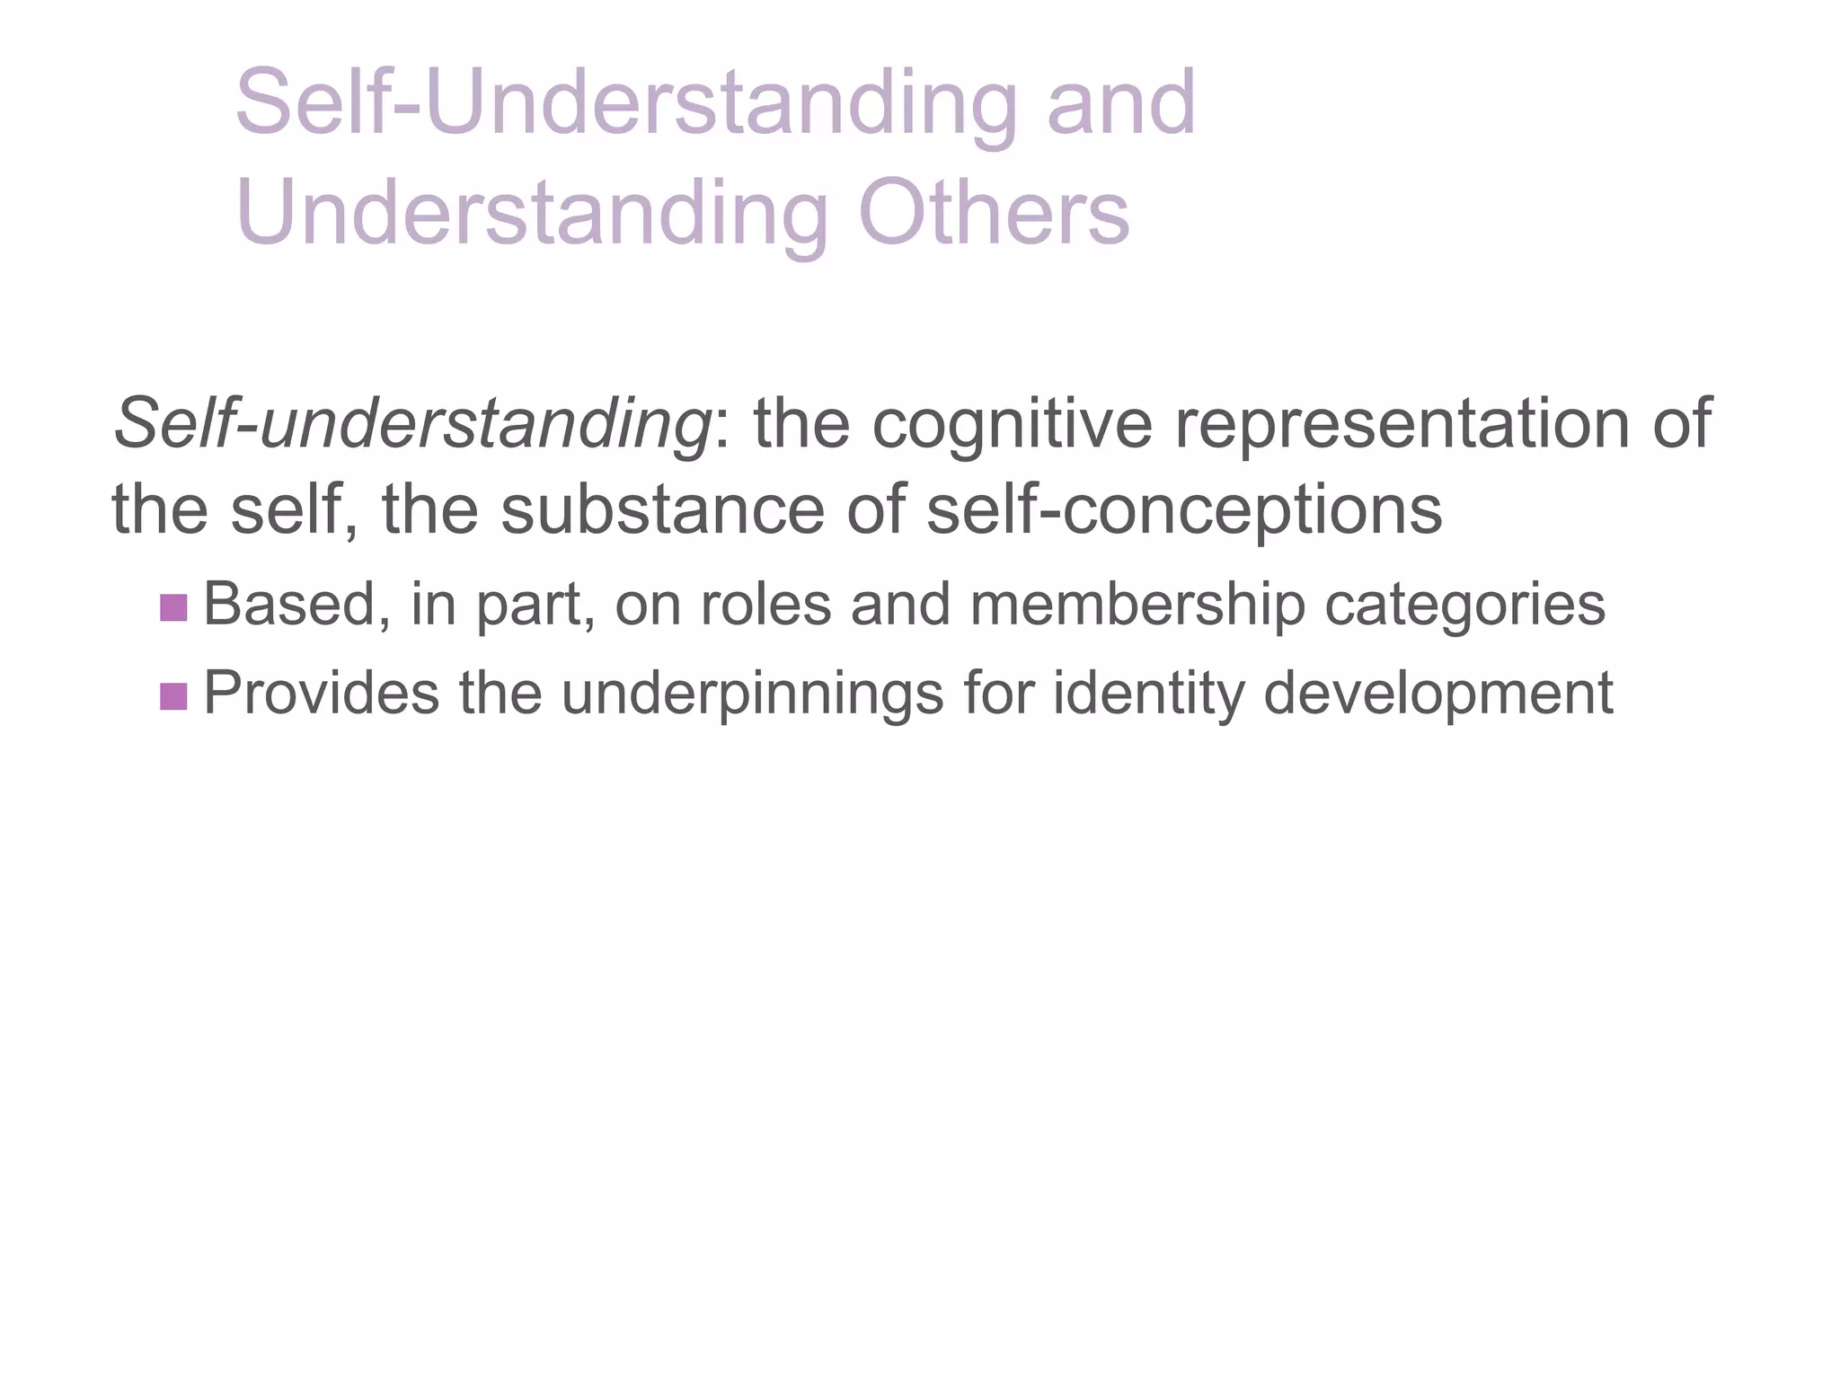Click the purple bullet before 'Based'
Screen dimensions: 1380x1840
pos(172,607)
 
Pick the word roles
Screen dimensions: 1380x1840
pos(765,605)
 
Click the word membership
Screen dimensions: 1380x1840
pos(1137,605)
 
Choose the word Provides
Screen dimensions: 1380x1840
pos(322,694)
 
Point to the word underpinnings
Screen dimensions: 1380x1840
pos(753,694)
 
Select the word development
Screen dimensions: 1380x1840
pos(1438,694)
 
